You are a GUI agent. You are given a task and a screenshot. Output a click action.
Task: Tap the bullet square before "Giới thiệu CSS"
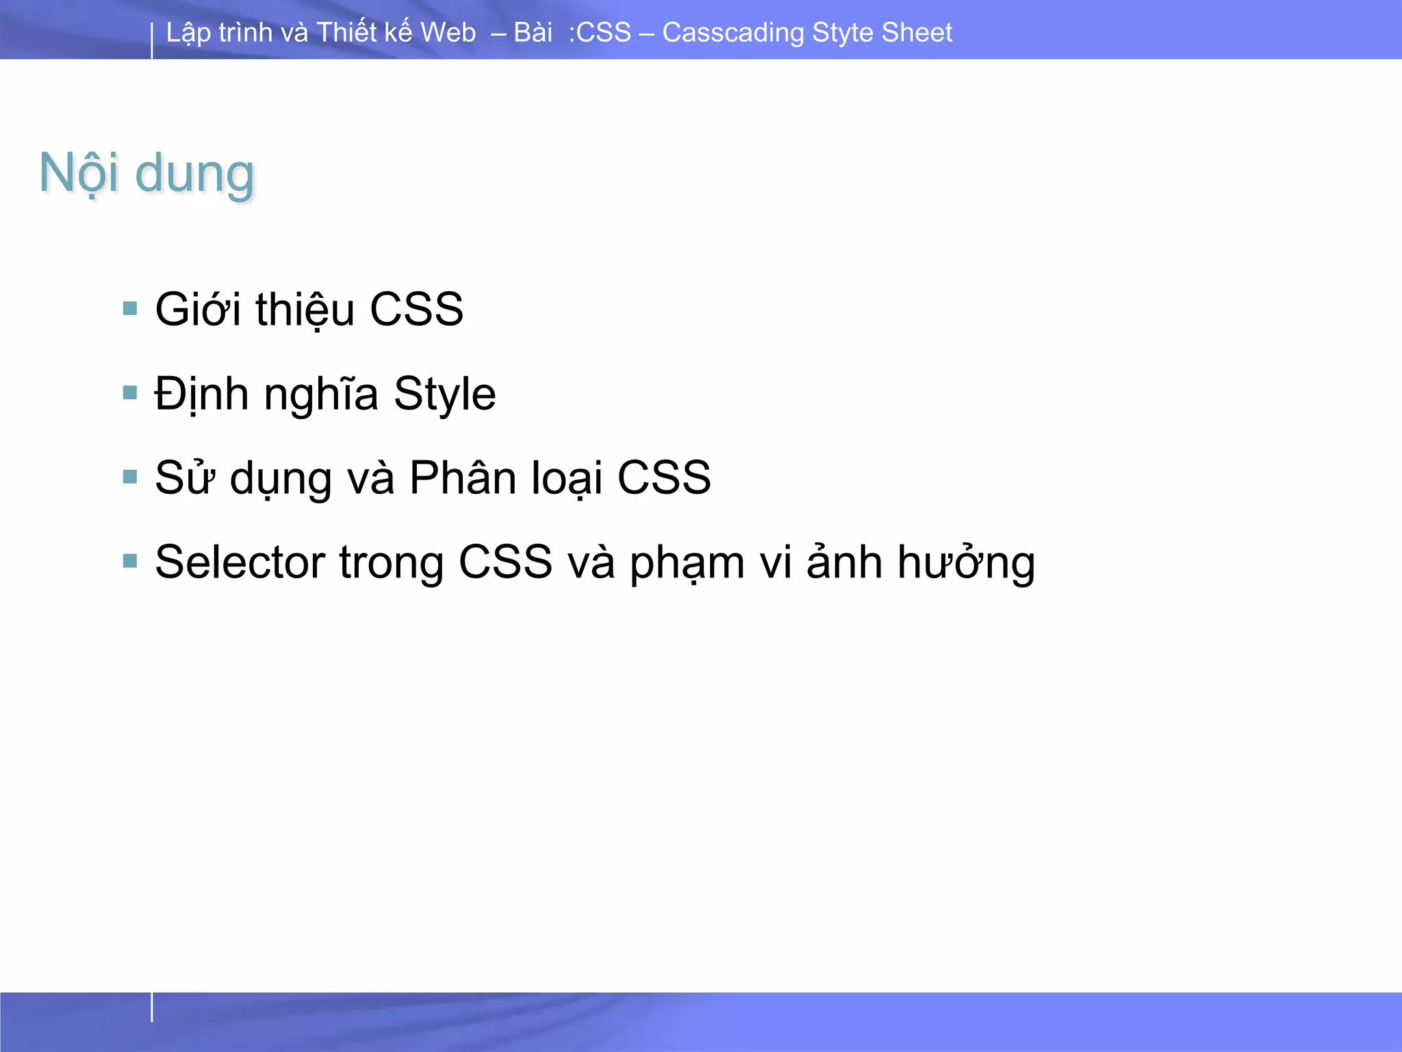130,308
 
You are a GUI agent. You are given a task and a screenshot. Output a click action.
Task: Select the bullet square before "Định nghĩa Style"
130,392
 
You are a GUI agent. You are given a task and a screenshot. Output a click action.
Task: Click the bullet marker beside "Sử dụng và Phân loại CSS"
130,477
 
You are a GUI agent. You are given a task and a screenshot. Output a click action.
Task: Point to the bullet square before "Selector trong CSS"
130,561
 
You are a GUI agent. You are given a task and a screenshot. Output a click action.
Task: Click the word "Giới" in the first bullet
198,310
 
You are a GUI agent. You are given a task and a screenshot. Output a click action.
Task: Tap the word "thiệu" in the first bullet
305,310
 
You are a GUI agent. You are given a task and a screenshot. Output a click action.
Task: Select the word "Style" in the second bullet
444,394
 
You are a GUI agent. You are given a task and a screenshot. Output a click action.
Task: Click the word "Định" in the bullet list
201,394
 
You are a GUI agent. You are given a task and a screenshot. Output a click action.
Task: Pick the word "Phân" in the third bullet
462,477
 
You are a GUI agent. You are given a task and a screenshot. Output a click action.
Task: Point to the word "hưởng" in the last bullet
966,562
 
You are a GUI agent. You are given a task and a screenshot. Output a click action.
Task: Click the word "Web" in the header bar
448,32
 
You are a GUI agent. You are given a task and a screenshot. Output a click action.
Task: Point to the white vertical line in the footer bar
152,1007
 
